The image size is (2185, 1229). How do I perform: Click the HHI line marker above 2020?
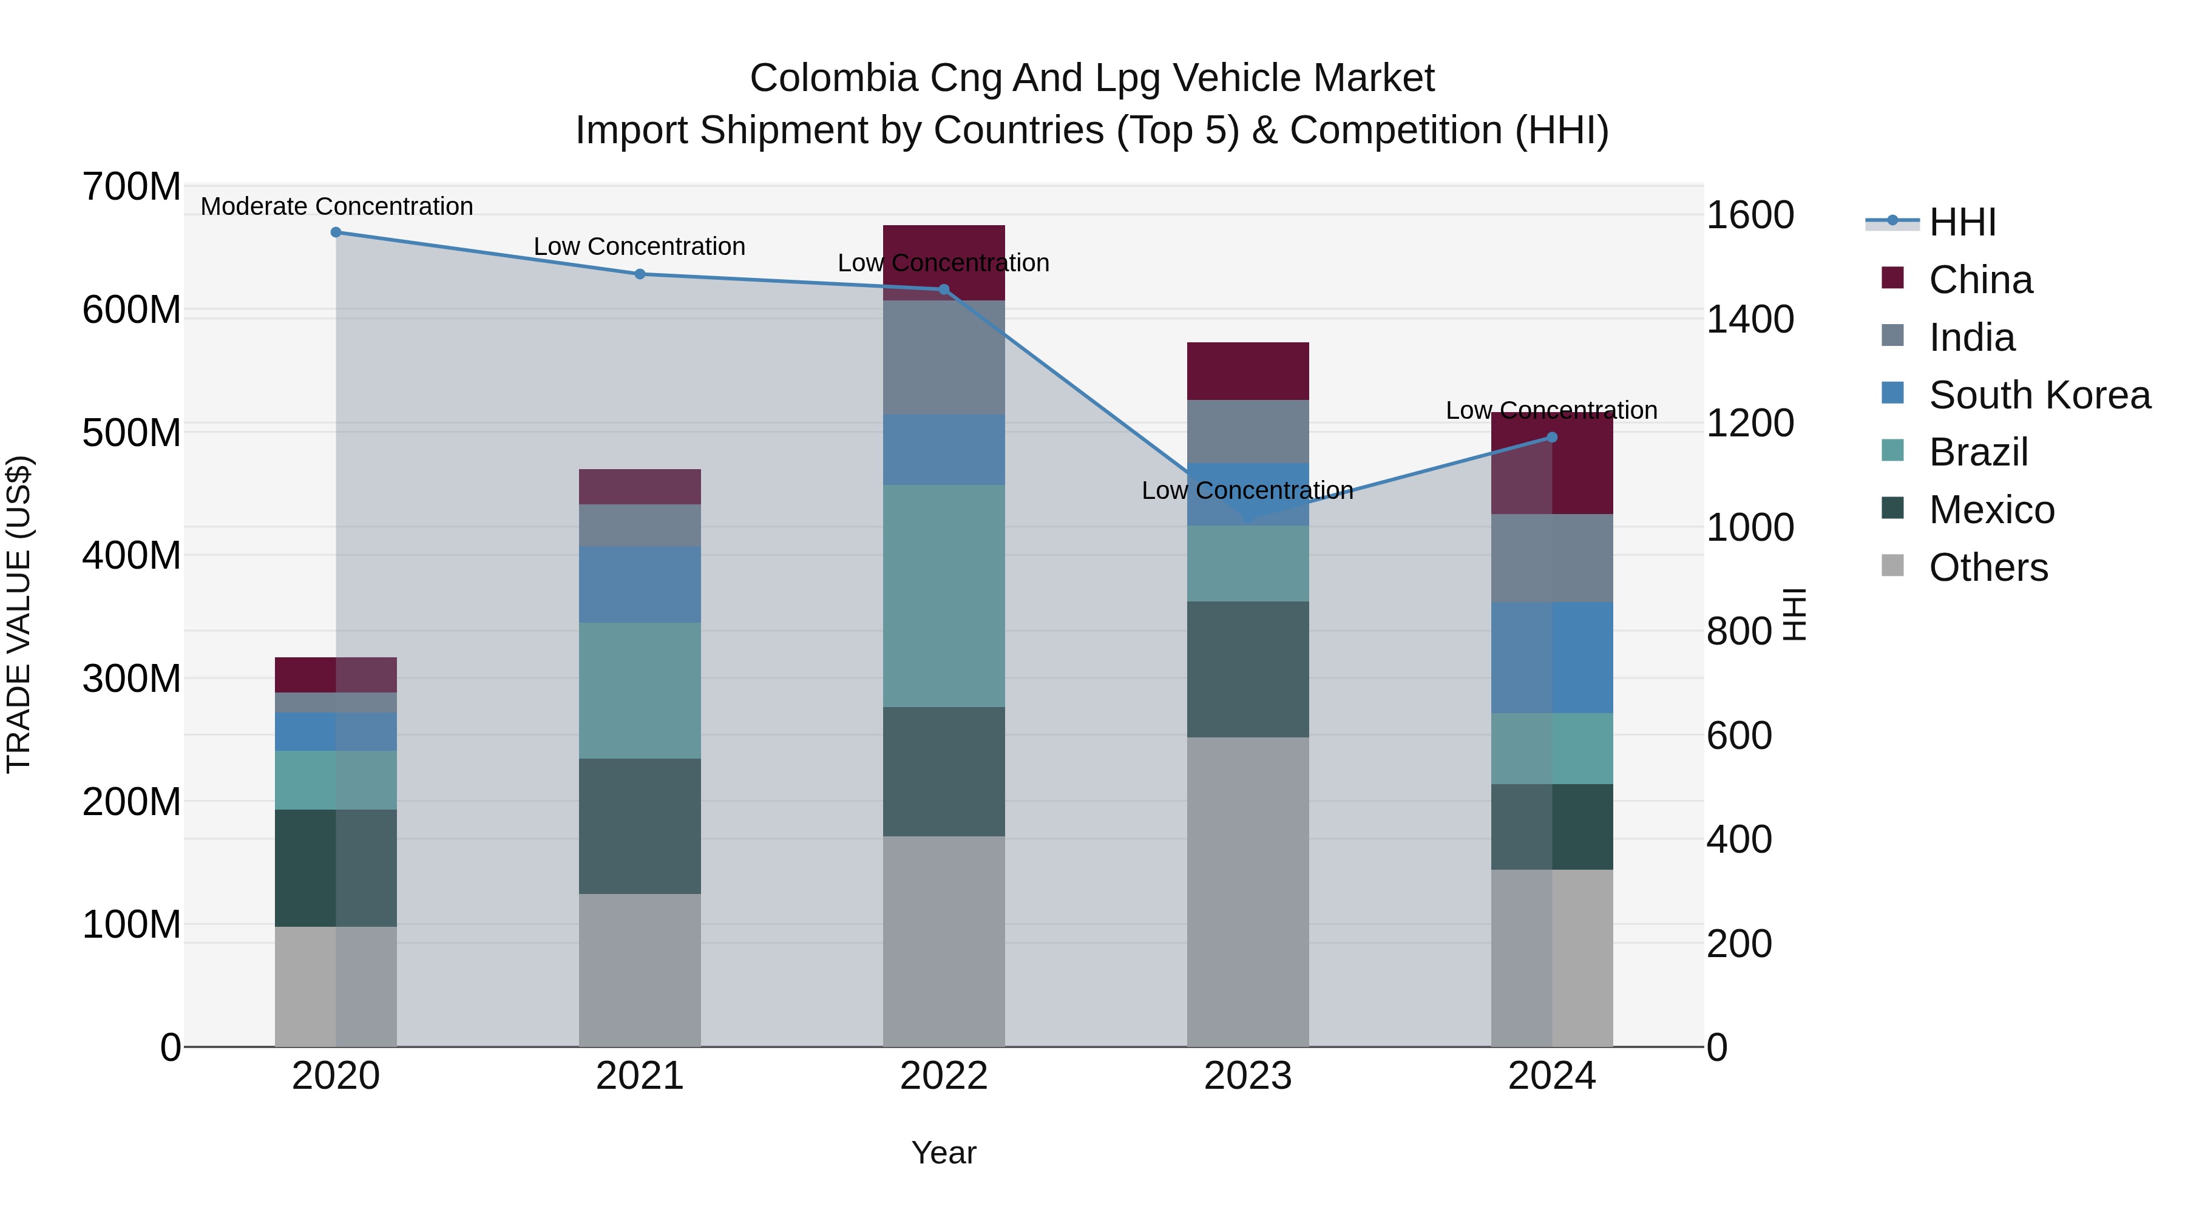click(336, 232)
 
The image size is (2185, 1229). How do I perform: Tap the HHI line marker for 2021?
click(640, 274)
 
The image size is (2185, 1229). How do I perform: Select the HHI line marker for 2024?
click(1551, 438)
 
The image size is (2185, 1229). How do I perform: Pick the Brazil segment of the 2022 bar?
click(943, 595)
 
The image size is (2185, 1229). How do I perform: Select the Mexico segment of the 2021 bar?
click(640, 825)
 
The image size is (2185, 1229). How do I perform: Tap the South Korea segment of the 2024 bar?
click(1551, 657)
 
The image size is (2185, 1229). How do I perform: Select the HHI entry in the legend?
click(1962, 222)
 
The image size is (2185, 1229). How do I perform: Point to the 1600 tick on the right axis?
click(1749, 215)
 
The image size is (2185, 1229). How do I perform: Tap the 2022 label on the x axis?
click(943, 1076)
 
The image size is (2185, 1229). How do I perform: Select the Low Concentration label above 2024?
click(1551, 410)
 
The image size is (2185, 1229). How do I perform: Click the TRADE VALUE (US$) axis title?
click(19, 614)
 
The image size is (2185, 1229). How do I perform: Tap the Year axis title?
click(943, 1153)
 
